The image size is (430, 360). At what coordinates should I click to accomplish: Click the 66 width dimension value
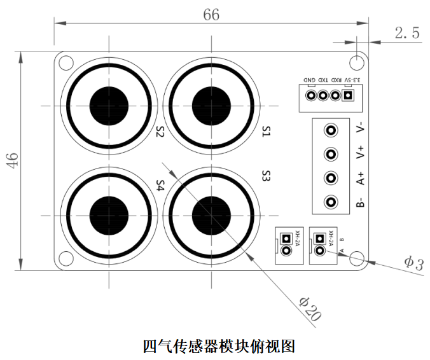pyautogui.click(x=211, y=15)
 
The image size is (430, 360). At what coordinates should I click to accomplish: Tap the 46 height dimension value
pyautogui.click(x=12, y=160)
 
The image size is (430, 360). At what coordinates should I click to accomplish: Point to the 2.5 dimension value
pyautogui.click(x=407, y=32)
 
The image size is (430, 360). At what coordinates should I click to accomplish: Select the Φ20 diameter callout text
pyautogui.click(x=310, y=309)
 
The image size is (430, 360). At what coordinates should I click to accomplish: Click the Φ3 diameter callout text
pyautogui.click(x=414, y=263)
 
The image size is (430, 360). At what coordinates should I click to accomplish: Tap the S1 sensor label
pyautogui.click(x=267, y=132)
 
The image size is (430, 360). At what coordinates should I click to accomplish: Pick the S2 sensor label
pyautogui.click(x=160, y=132)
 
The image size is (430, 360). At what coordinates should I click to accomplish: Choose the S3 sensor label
pyautogui.click(x=267, y=176)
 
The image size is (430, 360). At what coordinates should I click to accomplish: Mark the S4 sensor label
pyautogui.click(x=160, y=185)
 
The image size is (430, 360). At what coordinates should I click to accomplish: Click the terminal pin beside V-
pyautogui.click(x=331, y=130)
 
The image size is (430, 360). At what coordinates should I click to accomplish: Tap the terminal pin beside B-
pyautogui.click(x=331, y=202)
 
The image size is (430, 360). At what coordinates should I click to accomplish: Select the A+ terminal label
pyautogui.click(x=361, y=179)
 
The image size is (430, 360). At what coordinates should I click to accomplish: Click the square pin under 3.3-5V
pyautogui.click(x=348, y=95)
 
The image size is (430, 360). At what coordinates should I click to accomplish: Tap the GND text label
pyautogui.click(x=309, y=80)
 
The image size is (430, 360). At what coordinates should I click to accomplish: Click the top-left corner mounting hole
pyautogui.click(x=66, y=63)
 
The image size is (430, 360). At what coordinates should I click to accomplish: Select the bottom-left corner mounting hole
pyautogui.click(x=66, y=259)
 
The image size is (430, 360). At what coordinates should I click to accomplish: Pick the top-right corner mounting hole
pyautogui.click(x=357, y=63)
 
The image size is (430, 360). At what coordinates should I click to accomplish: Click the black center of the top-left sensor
pyautogui.click(x=109, y=106)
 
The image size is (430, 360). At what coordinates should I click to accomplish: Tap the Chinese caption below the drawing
pyautogui.click(x=219, y=346)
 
